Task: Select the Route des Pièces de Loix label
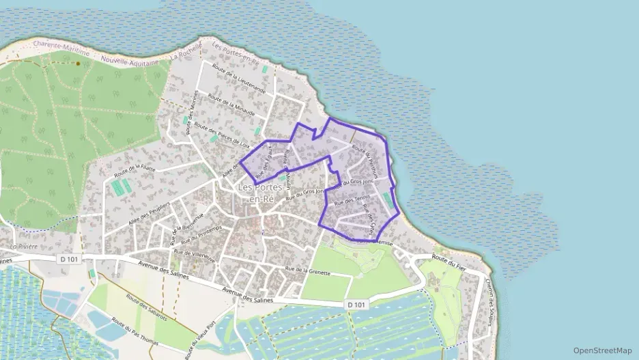pyautogui.click(x=222, y=135)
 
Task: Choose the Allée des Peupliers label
pyautogui.click(x=149, y=214)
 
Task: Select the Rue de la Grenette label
pyautogui.click(x=308, y=273)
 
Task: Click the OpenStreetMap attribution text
pyautogui.click(x=602, y=350)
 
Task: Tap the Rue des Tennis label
pyautogui.click(x=349, y=201)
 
